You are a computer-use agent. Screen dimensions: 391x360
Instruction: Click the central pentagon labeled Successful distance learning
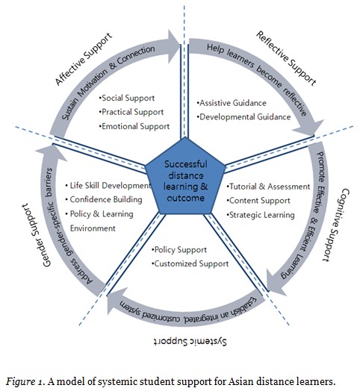[181, 183]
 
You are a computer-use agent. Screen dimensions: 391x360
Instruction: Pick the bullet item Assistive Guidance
[229, 103]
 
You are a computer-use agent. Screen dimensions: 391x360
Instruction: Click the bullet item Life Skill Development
[109, 185]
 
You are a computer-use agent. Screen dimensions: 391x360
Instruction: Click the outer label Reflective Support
[287, 62]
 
